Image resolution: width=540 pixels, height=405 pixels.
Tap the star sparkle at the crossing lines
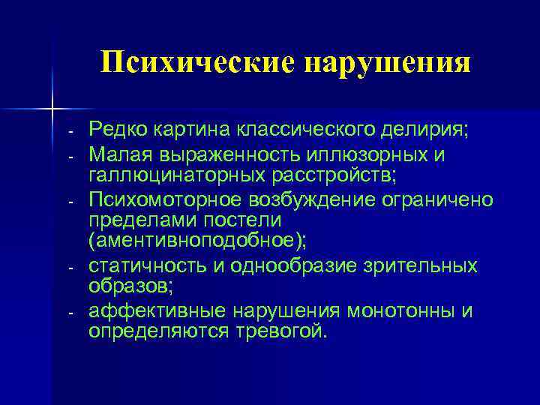(x=53, y=109)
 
